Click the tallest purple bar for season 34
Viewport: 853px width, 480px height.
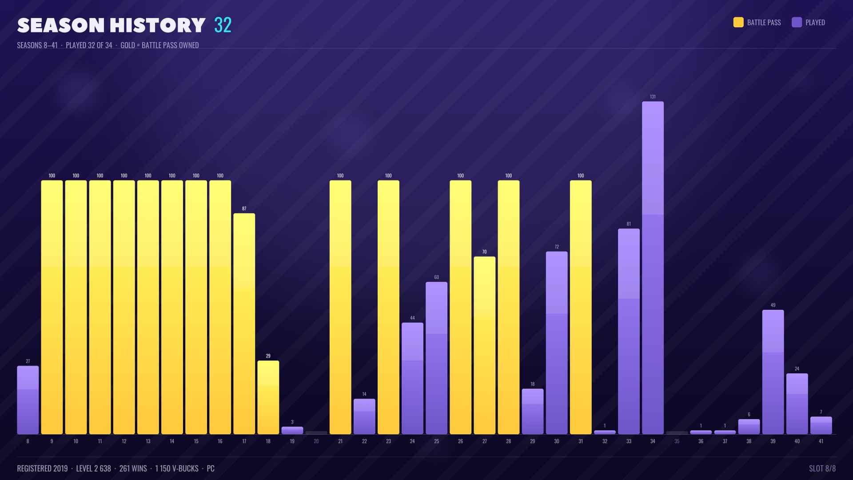click(x=653, y=268)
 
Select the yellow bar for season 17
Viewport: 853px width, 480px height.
click(x=244, y=324)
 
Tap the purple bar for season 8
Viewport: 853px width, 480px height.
click(x=28, y=400)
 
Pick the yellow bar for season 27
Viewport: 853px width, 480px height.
click(x=485, y=345)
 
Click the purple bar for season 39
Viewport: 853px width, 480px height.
click(x=773, y=372)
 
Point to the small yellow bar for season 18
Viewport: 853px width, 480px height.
click(x=268, y=397)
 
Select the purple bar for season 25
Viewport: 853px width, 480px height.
click(x=437, y=358)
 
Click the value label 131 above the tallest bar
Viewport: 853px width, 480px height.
click(x=653, y=96)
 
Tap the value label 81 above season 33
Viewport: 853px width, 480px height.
click(x=629, y=224)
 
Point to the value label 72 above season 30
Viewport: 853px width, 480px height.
click(x=557, y=247)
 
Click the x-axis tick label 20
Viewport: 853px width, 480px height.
click(x=316, y=441)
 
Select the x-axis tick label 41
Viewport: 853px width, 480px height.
click(x=821, y=441)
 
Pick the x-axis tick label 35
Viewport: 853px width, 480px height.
click(x=677, y=441)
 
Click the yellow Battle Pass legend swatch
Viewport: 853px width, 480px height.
click(x=738, y=22)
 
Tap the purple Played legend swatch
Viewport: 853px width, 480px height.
click(x=797, y=22)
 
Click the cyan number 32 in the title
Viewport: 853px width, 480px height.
click(x=223, y=25)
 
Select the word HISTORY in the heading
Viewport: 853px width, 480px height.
click(x=158, y=26)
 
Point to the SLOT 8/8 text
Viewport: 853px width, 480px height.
click(x=822, y=468)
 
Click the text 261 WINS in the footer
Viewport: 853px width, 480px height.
click(x=133, y=468)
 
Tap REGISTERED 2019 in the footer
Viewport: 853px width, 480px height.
click(x=42, y=468)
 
